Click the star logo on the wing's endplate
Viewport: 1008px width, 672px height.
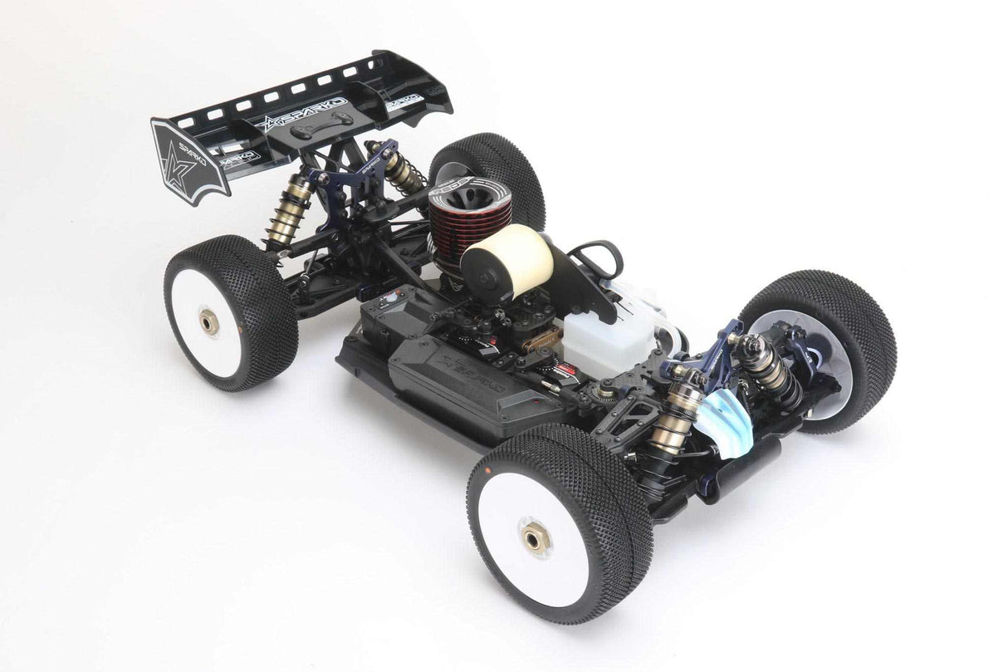point(181,162)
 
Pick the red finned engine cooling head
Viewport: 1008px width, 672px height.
point(455,221)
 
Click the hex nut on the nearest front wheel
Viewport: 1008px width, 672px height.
point(536,538)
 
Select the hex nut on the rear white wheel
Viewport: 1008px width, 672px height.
point(208,320)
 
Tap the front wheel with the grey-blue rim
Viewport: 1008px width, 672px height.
point(818,349)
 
